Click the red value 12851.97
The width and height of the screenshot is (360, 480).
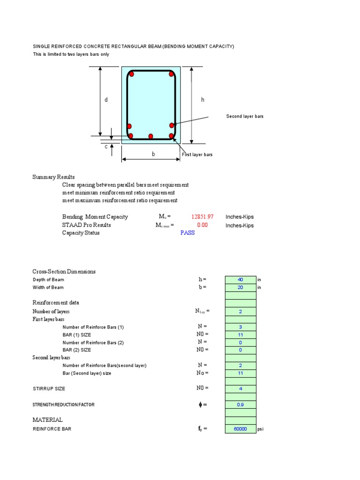pos(202,217)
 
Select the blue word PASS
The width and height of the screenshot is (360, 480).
pos(187,233)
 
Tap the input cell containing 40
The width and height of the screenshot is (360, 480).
pos(240,280)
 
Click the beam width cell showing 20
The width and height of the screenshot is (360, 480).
pos(240,287)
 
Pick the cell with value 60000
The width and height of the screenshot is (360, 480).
pos(240,429)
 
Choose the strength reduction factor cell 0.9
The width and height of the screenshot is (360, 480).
pos(240,405)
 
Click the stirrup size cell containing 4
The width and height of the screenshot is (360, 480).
pos(240,389)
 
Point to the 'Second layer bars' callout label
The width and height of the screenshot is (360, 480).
pos(245,116)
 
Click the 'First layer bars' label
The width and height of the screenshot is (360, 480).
pos(197,155)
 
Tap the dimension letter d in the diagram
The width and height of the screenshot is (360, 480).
pos(106,100)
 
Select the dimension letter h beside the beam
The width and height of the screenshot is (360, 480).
pos(202,100)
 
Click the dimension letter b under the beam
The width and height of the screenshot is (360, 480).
pos(153,154)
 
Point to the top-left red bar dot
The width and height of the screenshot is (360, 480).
pos(132,74)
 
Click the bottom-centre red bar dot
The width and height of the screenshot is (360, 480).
pos(150,136)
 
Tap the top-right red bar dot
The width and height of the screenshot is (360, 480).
pos(172,74)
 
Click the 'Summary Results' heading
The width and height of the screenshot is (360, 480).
pos(53,177)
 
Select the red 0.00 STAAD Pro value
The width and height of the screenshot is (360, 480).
pos(202,225)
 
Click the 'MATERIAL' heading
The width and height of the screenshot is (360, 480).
pos(47,420)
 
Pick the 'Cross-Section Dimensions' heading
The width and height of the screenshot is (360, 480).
pos(64,271)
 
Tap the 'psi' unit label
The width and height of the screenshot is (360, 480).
pos(261,429)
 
